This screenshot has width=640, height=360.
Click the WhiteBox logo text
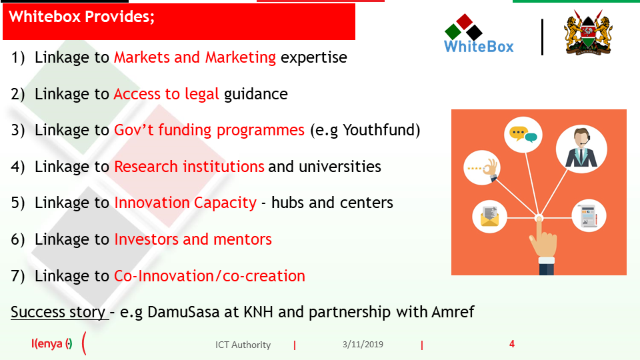pos(479,46)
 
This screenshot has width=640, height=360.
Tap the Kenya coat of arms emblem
pos(588,33)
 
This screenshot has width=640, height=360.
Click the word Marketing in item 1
pos(241,57)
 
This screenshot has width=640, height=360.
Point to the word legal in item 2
pos(201,94)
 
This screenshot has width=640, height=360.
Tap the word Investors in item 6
pos(146,239)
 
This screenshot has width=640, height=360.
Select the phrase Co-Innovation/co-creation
pos(209,276)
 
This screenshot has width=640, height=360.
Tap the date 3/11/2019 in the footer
pos(363,345)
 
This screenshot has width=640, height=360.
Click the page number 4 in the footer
pos(512,344)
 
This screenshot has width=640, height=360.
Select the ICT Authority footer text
pos(243,345)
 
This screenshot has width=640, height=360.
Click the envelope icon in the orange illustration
pos(489,216)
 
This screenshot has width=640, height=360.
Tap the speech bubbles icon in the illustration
pos(523,134)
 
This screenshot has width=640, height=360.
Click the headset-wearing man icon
pos(581,148)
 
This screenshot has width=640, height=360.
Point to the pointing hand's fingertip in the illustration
pos(539,219)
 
